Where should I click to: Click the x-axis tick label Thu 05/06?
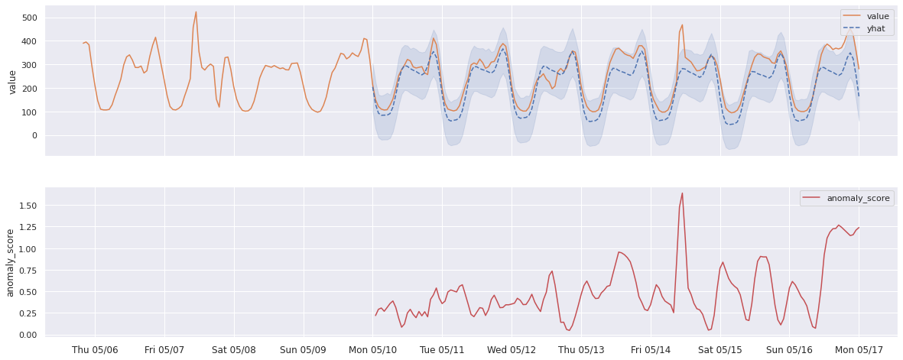click(95, 349)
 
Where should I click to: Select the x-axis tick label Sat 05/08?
click(234, 349)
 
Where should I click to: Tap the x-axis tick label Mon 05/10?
click(373, 349)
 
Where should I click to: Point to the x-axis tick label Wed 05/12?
click(512, 349)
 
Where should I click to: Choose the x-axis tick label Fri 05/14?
click(651, 349)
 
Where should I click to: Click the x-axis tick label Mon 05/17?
click(859, 349)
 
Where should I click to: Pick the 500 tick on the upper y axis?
click(30, 18)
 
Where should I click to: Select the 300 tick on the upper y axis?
click(30, 65)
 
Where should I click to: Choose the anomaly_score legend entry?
click(857, 199)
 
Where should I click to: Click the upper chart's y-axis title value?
click(12, 80)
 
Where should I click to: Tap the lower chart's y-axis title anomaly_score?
click(11, 262)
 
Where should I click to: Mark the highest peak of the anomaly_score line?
click(682, 193)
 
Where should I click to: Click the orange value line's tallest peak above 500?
click(196, 12)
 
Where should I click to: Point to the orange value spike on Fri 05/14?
click(682, 25)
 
